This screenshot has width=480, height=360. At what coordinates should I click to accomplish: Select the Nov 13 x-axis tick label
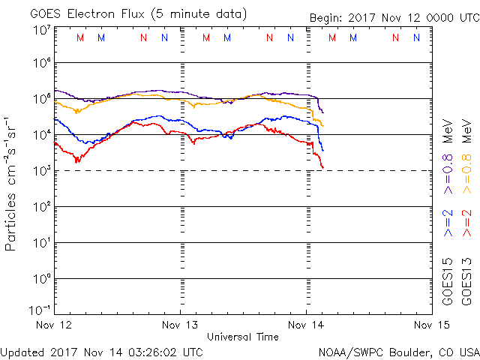(181, 325)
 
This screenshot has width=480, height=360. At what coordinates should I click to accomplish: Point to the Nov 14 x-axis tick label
(307, 325)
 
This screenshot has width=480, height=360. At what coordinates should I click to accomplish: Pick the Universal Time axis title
(243, 337)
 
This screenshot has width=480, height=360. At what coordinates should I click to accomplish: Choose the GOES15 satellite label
(448, 282)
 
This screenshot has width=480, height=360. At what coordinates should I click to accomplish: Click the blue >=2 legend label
(448, 223)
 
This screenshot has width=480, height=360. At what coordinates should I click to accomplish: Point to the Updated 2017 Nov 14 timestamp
(102, 351)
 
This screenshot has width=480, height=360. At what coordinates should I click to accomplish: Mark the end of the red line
(323, 167)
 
